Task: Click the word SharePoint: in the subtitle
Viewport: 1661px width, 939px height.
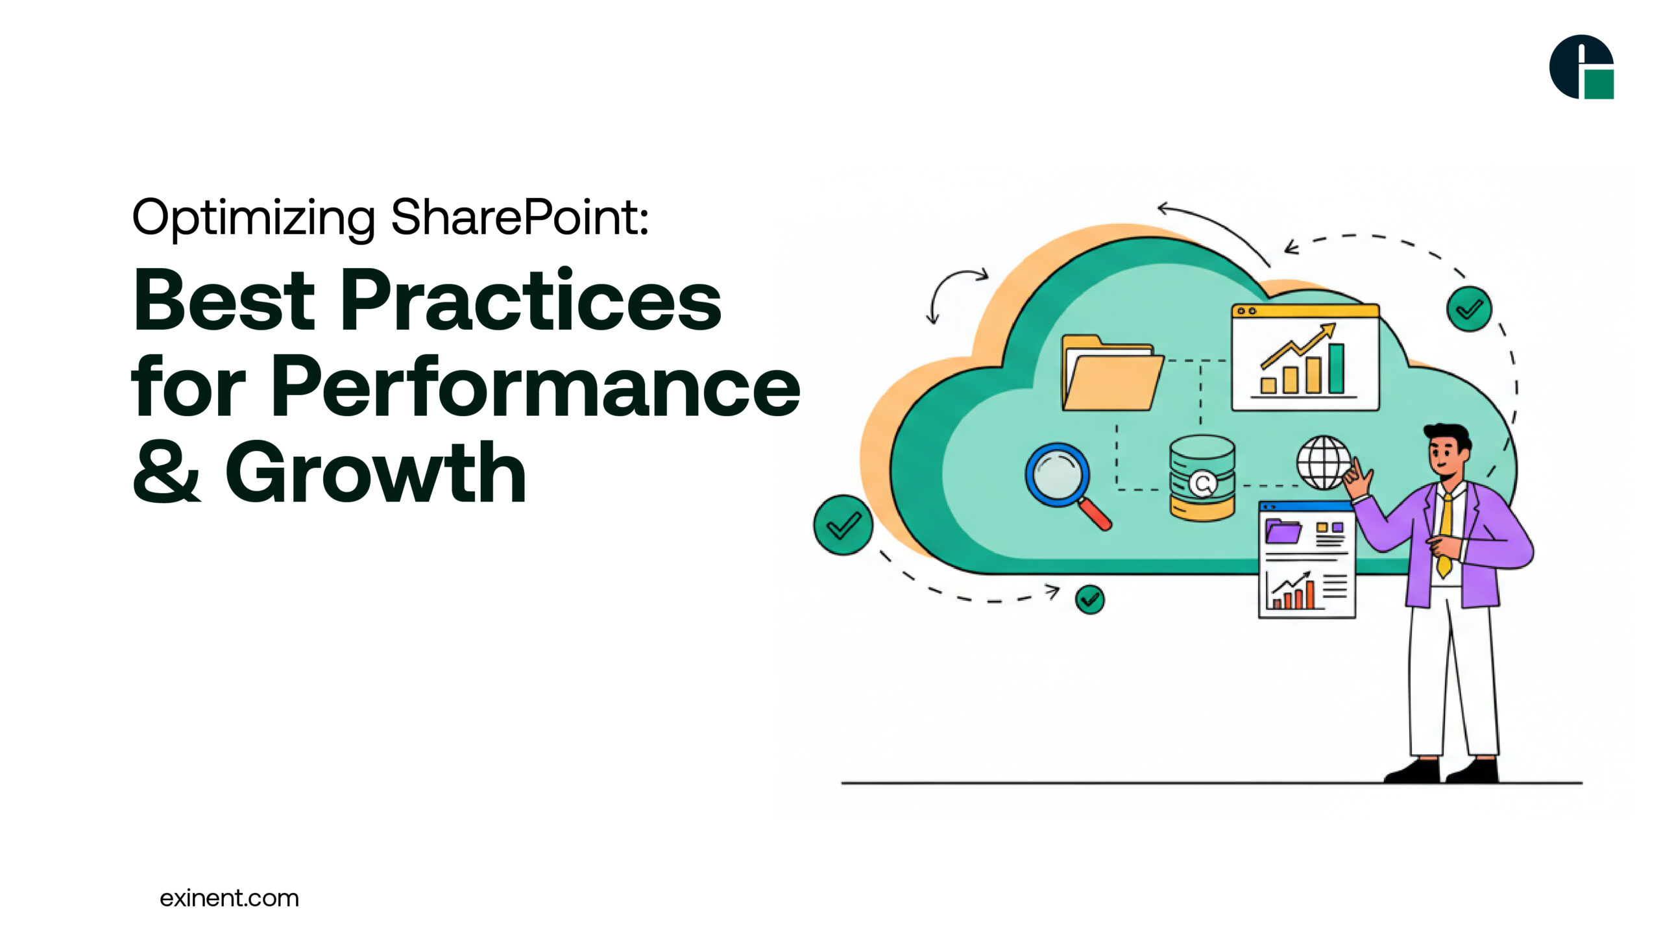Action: point(519,217)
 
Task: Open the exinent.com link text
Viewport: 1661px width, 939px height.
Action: point(229,898)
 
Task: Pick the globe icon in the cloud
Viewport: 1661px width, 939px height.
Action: point(1324,462)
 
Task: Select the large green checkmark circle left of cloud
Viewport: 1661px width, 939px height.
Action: point(843,525)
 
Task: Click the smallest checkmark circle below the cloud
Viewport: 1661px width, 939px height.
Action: point(1089,600)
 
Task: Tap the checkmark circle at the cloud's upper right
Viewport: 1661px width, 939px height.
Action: point(1469,309)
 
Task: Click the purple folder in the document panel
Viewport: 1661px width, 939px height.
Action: point(1283,531)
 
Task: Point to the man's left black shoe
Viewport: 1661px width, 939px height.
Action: point(1412,772)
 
